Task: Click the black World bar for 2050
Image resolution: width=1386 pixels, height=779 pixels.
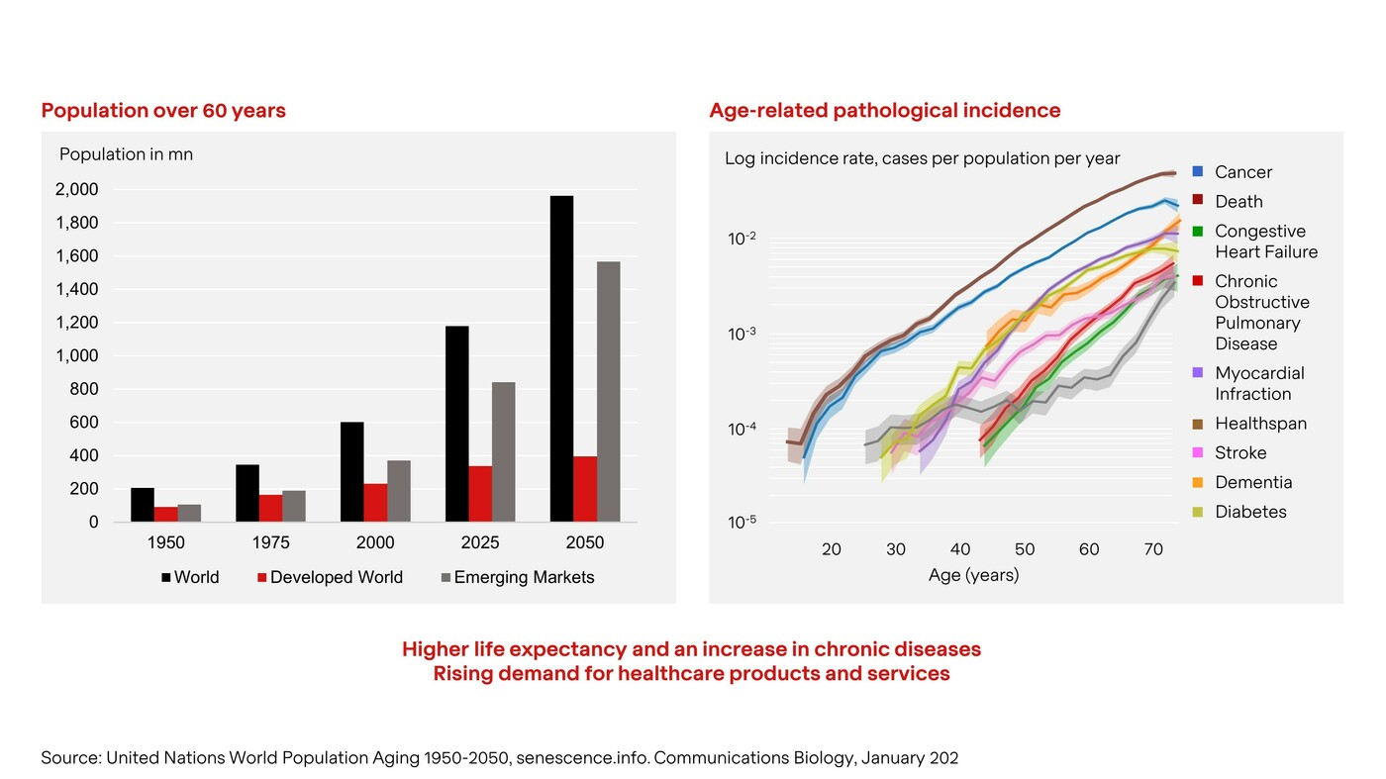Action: click(561, 358)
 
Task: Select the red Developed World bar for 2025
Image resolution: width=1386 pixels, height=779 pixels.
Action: click(480, 493)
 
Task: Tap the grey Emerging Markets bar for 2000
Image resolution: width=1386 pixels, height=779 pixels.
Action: click(399, 491)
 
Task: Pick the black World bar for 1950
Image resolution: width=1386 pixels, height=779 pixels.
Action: click(143, 505)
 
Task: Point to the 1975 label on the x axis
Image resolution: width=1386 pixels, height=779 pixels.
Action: click(270, 542)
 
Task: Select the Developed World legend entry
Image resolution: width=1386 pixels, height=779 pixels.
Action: click(330, 577)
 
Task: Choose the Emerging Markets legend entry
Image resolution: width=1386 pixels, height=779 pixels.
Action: click(517, 577)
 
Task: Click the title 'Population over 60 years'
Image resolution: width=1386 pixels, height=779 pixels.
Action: click(163, 111)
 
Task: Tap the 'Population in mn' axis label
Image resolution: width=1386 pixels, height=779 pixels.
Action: click(126, 154)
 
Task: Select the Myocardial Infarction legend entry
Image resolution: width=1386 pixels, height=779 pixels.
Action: click(1258, 383)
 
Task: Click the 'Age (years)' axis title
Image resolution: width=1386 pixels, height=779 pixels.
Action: click(973, 575)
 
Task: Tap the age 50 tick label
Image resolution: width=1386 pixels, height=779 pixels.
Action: click(1025, 549)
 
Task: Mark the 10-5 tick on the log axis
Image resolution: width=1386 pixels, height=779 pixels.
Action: click(742, 522)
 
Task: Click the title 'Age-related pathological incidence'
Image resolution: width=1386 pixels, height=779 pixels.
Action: click(884, 111)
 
